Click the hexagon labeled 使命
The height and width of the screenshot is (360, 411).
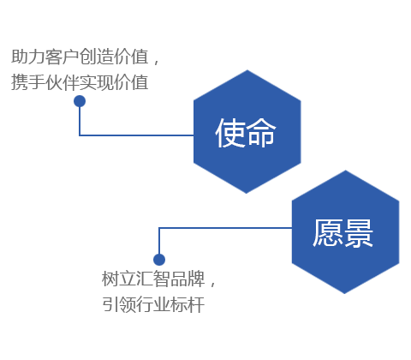(x=247, y=132)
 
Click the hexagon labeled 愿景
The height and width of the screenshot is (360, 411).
(x=345, y=232)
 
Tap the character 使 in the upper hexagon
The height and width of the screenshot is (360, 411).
(x=230, y=133)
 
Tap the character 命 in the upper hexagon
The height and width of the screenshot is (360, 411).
(x=261, y=133)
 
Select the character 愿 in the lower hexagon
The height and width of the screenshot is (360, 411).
(x=328, y=233)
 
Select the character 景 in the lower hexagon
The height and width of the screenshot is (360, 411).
(x=358, y=233)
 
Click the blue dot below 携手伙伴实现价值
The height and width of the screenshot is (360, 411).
(x=80, y=101)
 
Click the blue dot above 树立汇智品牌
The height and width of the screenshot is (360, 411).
(x=159, y=260)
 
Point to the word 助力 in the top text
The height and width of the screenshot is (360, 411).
(x=28, y=57)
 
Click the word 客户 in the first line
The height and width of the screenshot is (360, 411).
(x=63, y=57)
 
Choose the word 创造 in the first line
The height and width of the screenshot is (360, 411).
(x=97, y=57)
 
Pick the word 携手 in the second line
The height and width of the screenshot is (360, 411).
(x=28, y=82)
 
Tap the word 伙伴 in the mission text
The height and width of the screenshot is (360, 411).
(x=63, y=82)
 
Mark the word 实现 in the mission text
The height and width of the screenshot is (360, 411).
(x=97, y=82)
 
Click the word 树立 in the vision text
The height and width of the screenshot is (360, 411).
(x=119, y=279)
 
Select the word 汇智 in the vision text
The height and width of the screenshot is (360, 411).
(x=153, y=279)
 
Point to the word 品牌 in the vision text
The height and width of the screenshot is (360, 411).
(x=188, y=279)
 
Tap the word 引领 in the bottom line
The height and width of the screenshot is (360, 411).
(x=119, y=304)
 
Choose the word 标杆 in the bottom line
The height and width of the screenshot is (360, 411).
(x=188, y=304)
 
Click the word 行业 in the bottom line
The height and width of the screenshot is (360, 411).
(x=153, y=304)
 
